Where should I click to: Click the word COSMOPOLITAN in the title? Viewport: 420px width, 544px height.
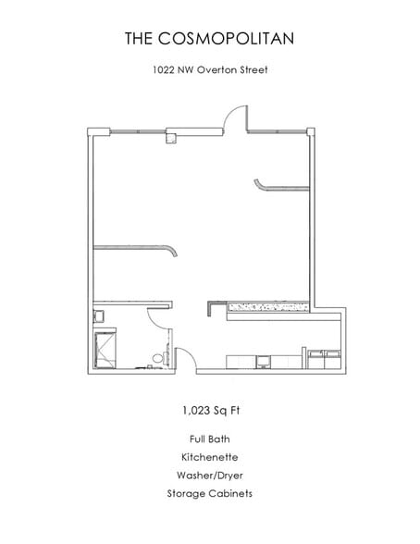click(x=226, y=38)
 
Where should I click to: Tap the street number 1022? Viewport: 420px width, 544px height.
click(x=164, y=69)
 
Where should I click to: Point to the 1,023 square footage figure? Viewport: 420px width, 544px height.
click(x=196, y=411)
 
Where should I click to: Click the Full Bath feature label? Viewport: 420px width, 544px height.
click(x=209, y=439)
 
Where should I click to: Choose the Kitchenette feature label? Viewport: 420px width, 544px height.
click(x=209, y=457)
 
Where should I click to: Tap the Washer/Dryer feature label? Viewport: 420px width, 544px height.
click(x=209, y=476)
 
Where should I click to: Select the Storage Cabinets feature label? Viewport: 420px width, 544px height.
click(x=209, y=493)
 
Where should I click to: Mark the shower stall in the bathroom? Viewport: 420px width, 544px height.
click(x=105, y=350)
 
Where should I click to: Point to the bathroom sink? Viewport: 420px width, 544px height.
click(x=98, y=316)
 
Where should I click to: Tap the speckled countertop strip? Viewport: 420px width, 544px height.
click(x=268, y=307)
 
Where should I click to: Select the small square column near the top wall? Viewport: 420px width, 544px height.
click(x=170, y=139)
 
